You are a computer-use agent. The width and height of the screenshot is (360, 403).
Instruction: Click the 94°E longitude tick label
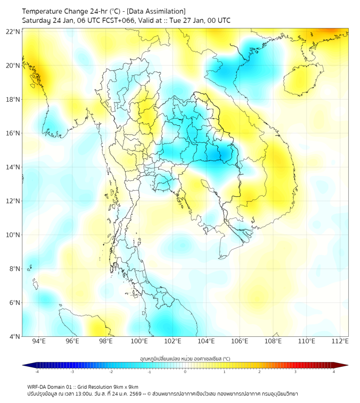tap(39, 341)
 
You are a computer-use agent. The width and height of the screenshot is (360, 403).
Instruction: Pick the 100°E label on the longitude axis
tap(140, 341)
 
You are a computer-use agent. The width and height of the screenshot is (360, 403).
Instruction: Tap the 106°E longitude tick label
tap(240, 341)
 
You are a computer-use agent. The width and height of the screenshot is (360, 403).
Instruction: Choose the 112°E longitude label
tap(340, 341)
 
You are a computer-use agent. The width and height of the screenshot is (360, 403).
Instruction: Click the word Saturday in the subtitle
tap(37, 20)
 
